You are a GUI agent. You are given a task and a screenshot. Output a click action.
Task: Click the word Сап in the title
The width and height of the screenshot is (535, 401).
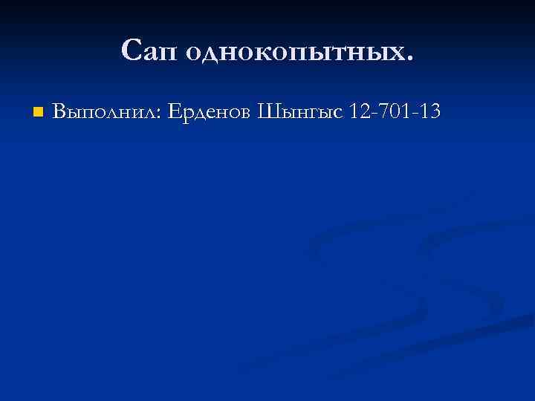[148, 50]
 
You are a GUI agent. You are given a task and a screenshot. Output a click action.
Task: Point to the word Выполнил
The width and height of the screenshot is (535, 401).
[106, 112]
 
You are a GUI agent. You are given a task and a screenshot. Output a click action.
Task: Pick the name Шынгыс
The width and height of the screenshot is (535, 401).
[300, 113]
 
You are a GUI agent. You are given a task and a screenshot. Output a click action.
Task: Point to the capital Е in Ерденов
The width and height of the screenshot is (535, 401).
[174, 111]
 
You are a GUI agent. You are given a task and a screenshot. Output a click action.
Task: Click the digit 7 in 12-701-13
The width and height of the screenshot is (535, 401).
[386, 111]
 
